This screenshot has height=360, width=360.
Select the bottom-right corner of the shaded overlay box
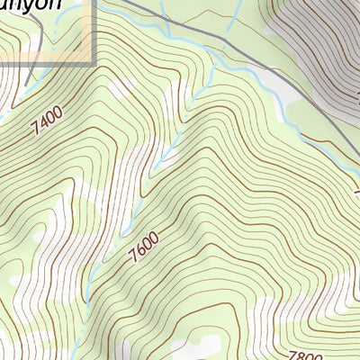(x=94, y=65)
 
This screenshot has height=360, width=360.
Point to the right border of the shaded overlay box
(x=94, y=31)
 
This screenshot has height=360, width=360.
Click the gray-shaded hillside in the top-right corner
(x=324, y=36)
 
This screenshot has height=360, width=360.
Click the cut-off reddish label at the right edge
(x=356, y=193)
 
